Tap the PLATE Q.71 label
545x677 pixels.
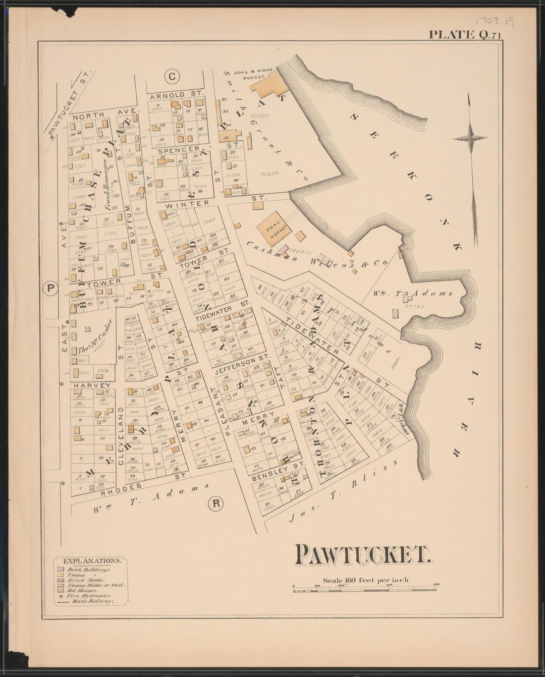tap(465, 35)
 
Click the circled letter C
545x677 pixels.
tap(171, 77)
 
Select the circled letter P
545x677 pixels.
tap(50, 288)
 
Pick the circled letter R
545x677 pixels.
tap(216, 504)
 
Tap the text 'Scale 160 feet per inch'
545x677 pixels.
tap(366, 579)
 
